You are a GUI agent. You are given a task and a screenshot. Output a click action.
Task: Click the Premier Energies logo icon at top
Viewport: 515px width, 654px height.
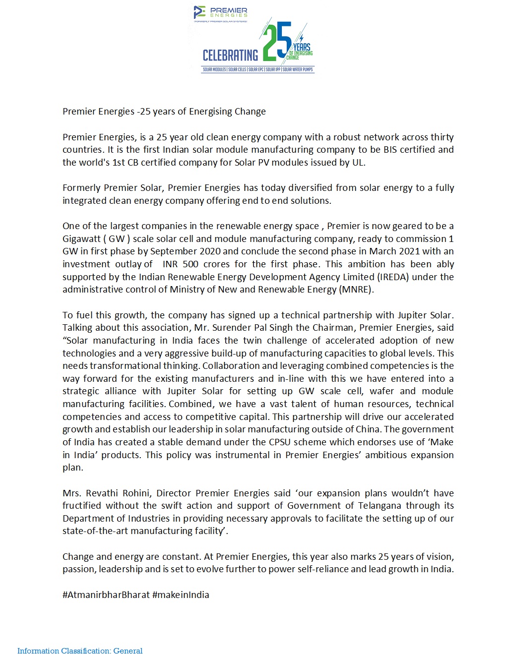point(199,12)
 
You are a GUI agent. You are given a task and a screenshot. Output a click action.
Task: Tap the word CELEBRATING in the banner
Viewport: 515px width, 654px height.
point(230,55)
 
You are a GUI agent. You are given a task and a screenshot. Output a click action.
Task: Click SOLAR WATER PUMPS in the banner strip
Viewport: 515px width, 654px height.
point(298,69)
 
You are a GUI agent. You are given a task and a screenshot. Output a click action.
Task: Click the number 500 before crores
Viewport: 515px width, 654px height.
point(191,264)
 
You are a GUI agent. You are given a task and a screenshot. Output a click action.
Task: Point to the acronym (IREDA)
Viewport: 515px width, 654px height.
point(393,277)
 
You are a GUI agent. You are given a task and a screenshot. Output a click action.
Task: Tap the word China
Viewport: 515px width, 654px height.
point(368,429)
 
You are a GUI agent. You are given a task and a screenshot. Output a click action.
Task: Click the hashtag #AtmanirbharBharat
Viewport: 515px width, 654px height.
point(106,595)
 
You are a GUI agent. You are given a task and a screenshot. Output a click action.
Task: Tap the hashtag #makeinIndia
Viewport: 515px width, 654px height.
point(181,595)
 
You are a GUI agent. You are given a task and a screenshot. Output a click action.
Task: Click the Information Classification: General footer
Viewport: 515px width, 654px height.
point(80,651)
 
